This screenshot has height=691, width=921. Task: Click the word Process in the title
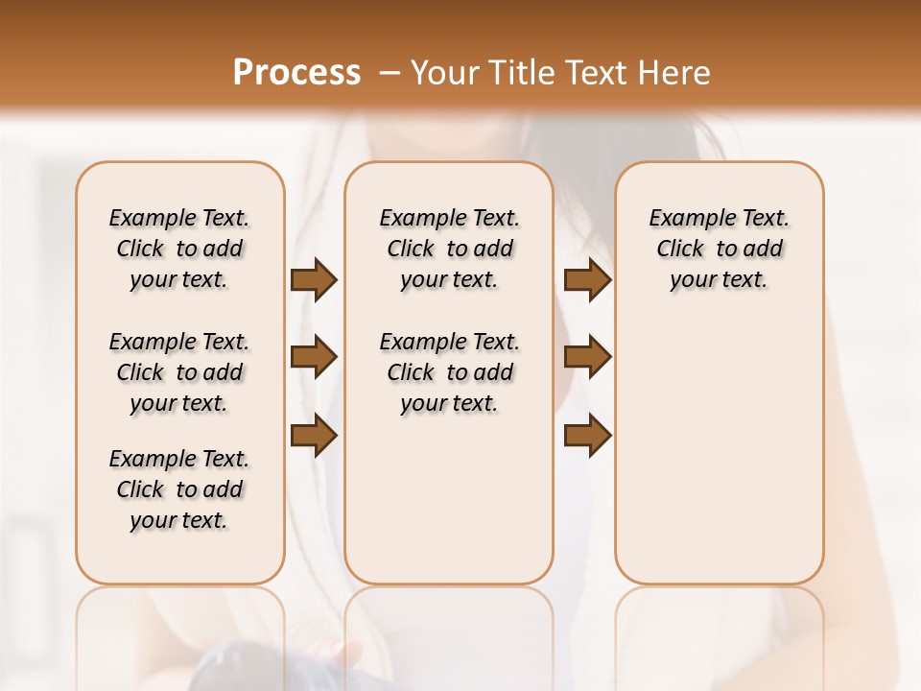click(x=296, y=72)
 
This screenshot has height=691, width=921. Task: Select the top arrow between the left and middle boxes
click(x=314, y=279)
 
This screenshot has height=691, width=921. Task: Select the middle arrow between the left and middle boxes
click(x=314, y=357)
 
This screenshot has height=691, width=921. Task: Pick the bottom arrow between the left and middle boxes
click(x=314, y=436)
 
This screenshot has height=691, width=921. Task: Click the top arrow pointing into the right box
click(x=587, y=279)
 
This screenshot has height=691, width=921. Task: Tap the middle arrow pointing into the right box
click(x=587, y=357)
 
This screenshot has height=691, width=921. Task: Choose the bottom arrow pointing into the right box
click(x=587, y=436)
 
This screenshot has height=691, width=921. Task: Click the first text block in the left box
click(x=178, y=249)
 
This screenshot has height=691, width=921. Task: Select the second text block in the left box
click(x=178, y=372)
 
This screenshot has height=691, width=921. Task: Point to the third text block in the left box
click(x=178, y=489)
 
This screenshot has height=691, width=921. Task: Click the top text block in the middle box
click(x=449, y=249)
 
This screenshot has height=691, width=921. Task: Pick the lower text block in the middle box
click(x=449, y=372)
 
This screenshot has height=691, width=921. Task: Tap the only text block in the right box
click(x=719, y=249)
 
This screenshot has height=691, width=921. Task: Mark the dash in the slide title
click(x=390, y=72)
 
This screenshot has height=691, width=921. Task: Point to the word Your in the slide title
click(x=442, y=72)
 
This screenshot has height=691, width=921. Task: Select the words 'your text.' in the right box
click(x=719, y=280)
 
